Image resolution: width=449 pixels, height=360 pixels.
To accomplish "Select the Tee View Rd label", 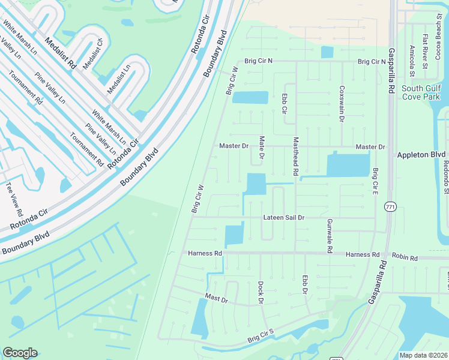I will point(14,200).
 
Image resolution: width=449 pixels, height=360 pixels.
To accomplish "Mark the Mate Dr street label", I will point(262,149).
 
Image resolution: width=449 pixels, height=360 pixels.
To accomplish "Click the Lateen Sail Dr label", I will point(284,218).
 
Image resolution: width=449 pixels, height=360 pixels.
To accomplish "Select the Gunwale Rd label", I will point(329,235).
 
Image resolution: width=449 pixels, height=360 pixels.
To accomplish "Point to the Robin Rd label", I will point(405,257).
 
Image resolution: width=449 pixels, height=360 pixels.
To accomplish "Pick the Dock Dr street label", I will point(261,292).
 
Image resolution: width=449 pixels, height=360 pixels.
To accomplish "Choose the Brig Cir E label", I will point(375,181).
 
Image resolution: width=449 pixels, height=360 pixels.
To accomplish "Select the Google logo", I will point(20,353).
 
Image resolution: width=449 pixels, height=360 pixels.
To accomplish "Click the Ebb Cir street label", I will point(285,102).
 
